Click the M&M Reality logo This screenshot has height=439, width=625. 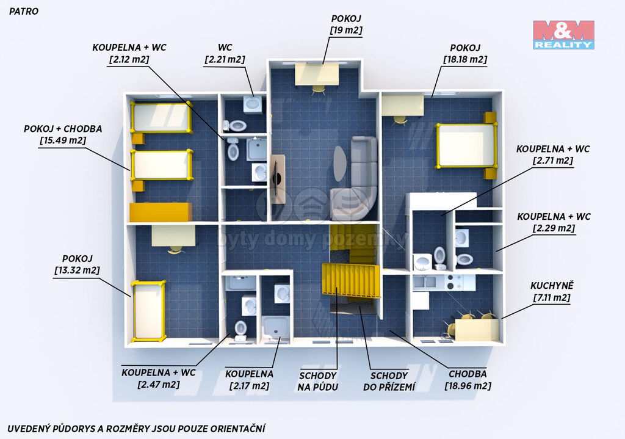pos(563,35)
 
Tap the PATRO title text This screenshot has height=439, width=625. pos(24,11)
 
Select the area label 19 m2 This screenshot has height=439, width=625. pos(347,31)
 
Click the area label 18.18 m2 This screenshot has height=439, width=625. pos(465,59)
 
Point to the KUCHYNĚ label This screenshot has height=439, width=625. pos(552,286)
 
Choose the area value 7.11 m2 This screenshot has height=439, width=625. pos(552,297)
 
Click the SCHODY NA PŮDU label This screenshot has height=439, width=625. pos(317,381)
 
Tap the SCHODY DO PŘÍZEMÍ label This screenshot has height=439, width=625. pos(389,381)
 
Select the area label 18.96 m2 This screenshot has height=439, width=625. pos(468,386)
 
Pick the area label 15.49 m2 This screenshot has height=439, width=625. pos(63,140)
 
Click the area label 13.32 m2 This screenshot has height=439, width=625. pos(77,270)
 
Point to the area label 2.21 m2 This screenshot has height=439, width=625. pos(225,59)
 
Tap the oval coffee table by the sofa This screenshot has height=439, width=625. pos(340,164)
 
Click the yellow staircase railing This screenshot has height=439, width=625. pos(351,280)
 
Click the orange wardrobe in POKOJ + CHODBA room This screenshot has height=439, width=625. pos(161,212)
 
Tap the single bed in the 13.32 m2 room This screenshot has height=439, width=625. pos(149,311)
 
